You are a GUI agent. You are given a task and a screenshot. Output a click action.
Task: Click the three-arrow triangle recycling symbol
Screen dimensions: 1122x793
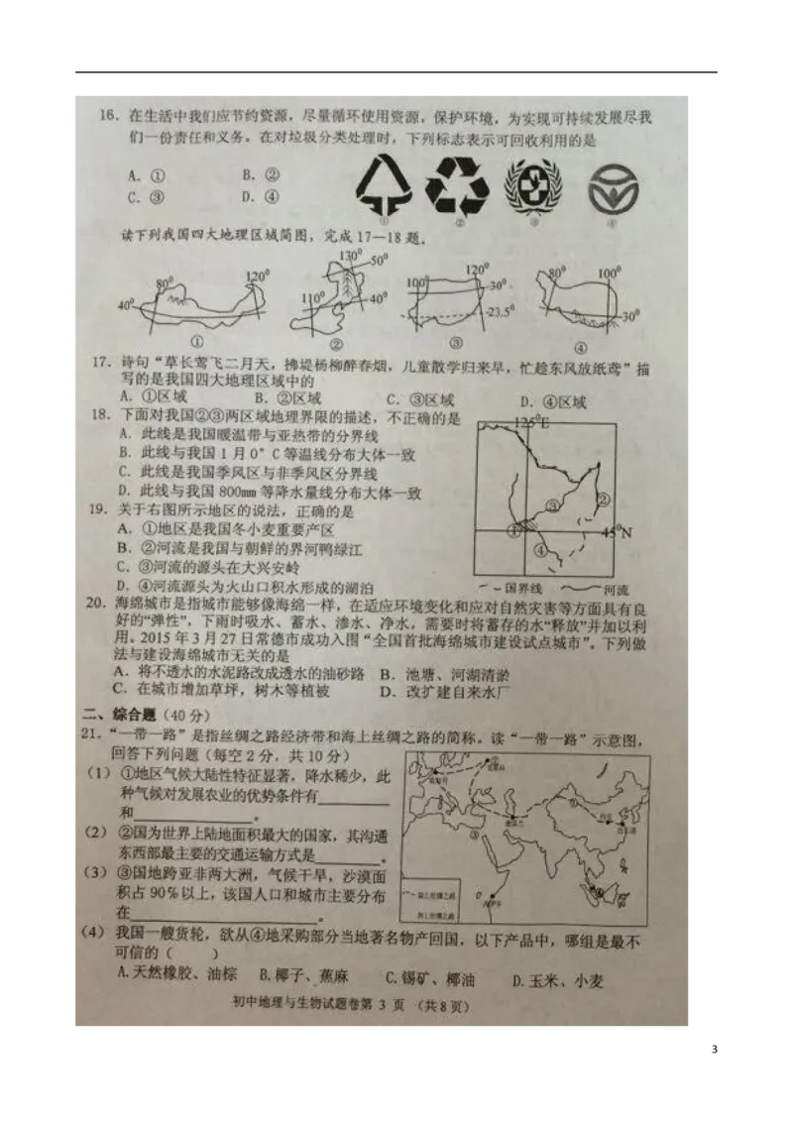click(x=458, y=181)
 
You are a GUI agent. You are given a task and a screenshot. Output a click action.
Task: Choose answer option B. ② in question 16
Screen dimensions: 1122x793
click(x=262, y=173)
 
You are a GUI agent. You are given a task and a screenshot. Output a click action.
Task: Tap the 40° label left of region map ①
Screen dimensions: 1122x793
click(x=126, y=304)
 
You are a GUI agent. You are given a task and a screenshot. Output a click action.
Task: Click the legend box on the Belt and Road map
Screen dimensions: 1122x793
click(x=433, y=905)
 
